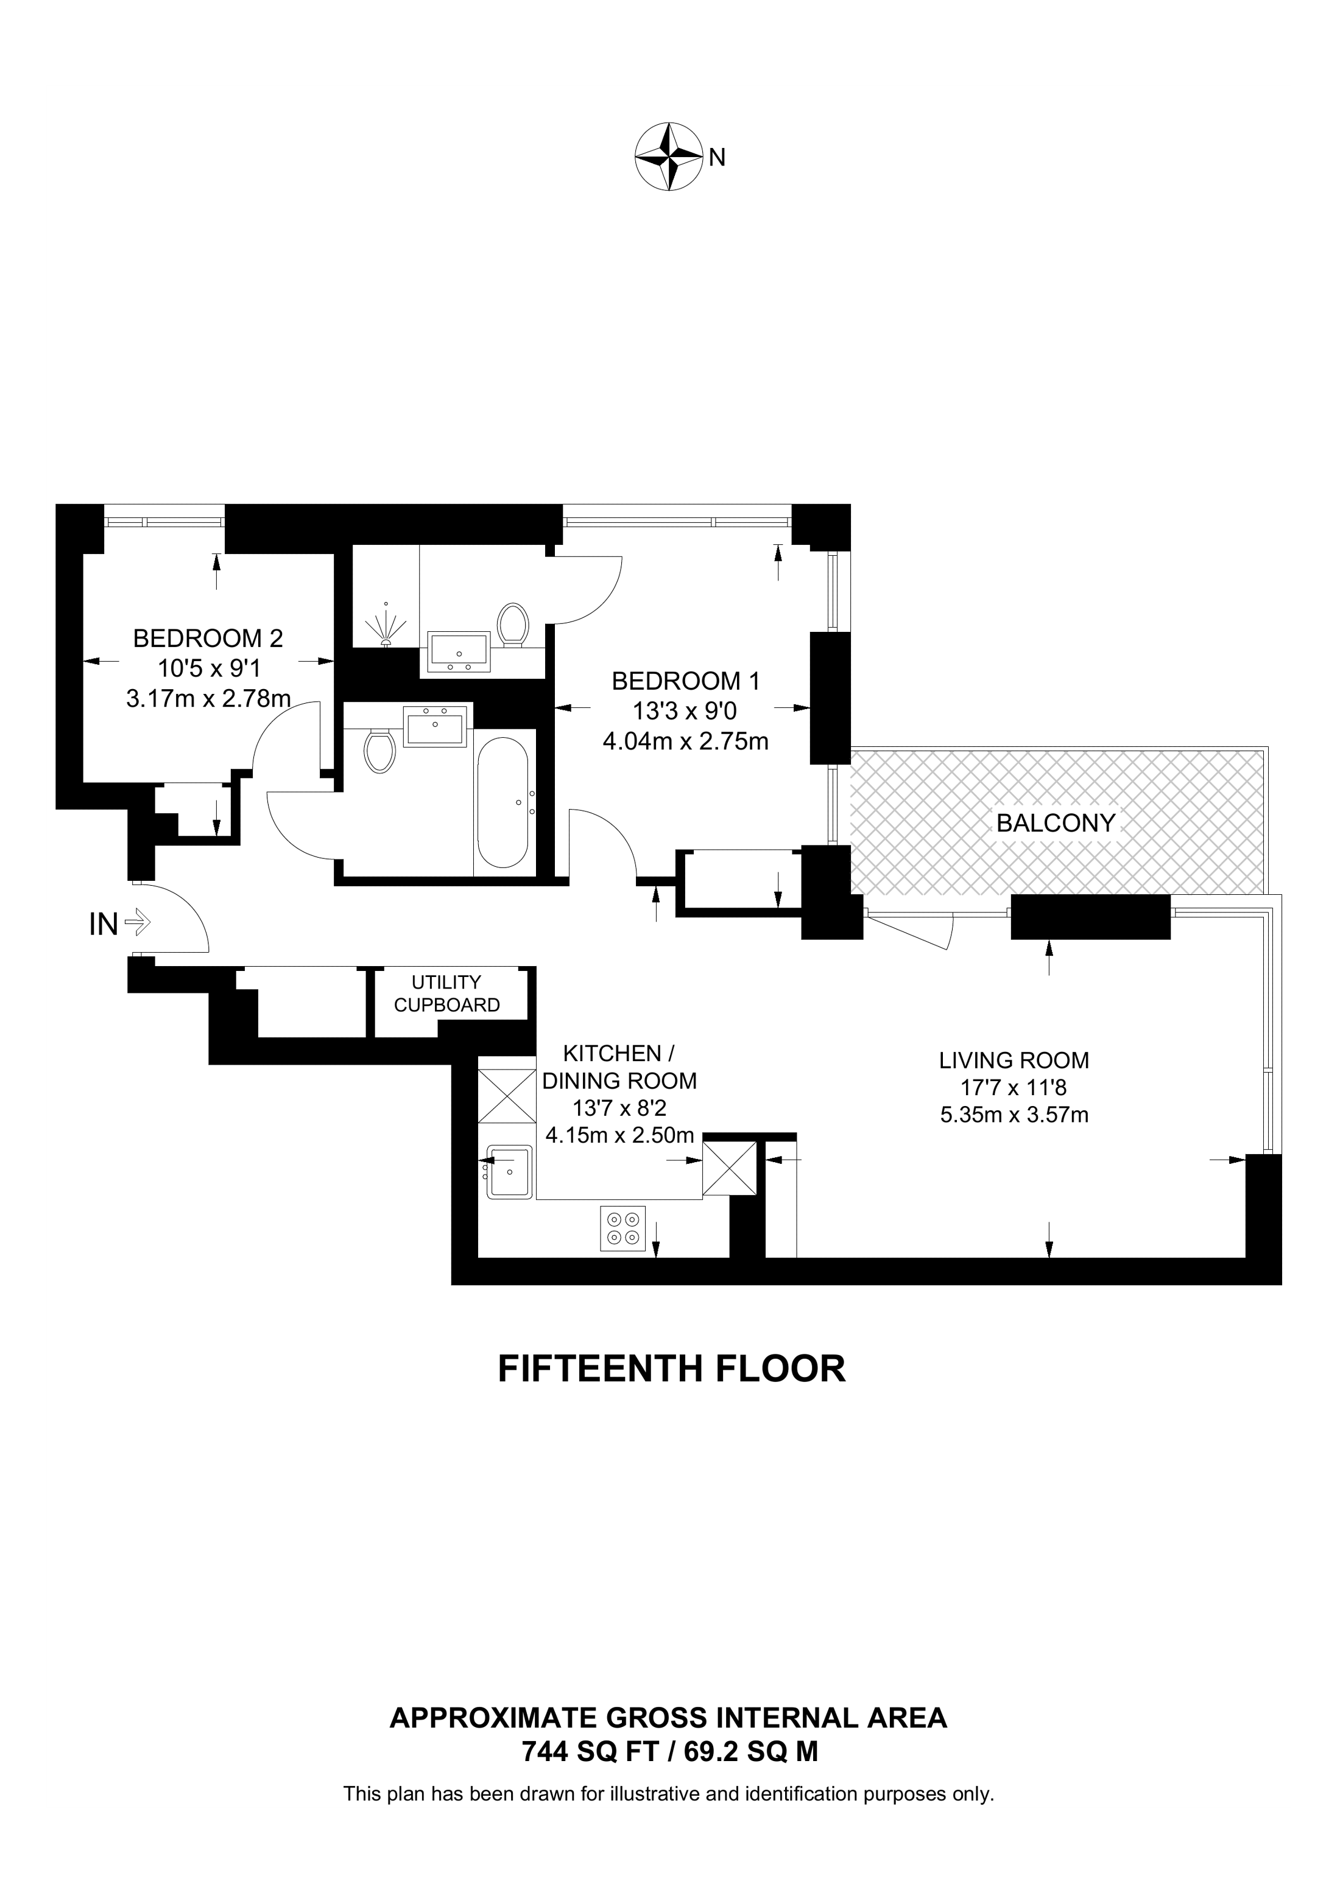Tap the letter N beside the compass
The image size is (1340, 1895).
pos(717,158)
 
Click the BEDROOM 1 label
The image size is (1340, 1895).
pos(685,681)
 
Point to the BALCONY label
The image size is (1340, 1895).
pos(1055,823)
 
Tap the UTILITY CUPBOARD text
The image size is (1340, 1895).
pos(446,993)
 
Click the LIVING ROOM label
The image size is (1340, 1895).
pos(1014,1060)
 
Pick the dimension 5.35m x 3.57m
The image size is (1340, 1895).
pos(1014,1115)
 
